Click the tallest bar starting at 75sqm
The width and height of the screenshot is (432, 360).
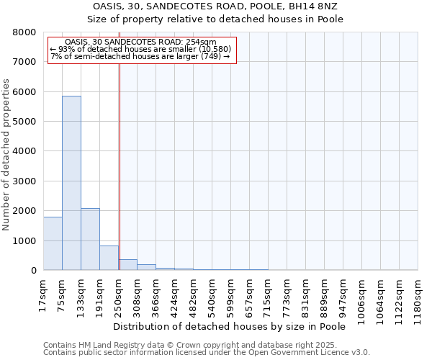[71, 183]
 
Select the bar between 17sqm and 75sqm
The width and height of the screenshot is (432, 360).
[53, 243]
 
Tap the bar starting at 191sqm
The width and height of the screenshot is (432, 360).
[109, 258]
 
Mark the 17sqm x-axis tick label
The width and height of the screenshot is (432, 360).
[44, 292]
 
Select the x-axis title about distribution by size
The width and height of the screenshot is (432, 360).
[230, 326]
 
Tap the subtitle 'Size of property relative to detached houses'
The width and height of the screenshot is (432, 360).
[215, 19]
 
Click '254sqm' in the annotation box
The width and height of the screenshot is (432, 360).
[201, 42]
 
